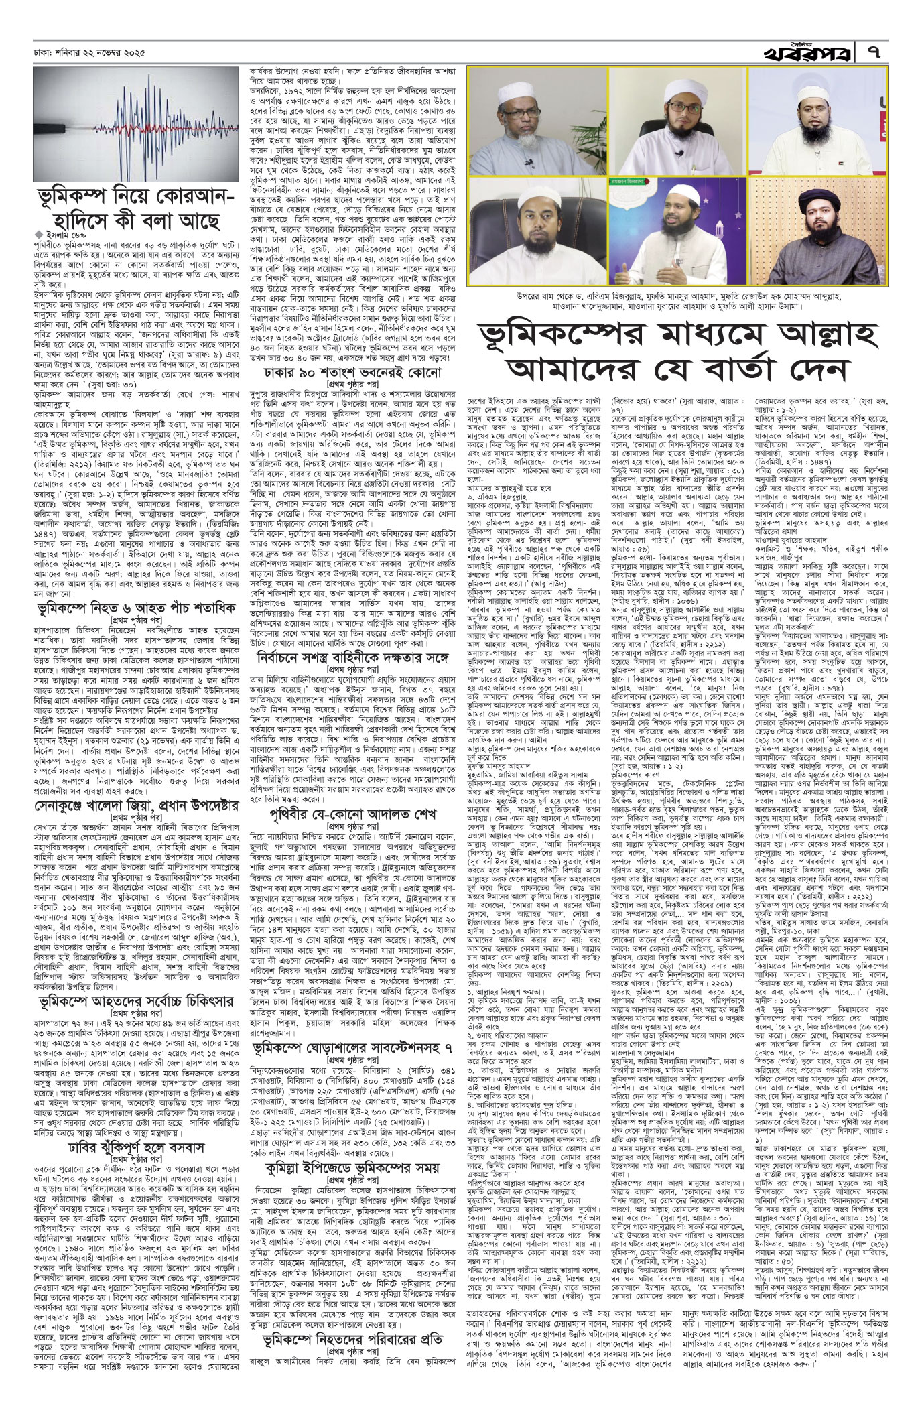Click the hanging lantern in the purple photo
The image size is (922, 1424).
tap(716, 228)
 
